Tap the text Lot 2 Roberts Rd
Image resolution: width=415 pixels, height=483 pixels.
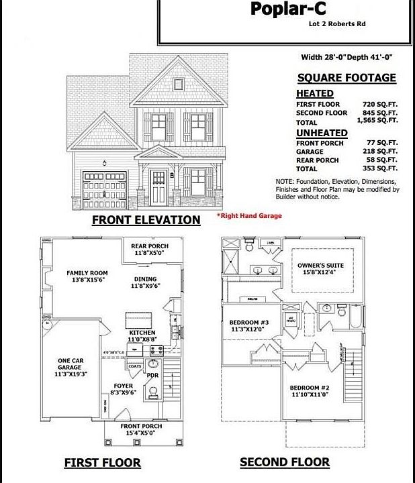(x=337, y=24)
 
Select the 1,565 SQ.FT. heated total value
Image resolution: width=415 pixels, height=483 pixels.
(x=377, y=121)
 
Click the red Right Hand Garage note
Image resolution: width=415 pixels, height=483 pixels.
(x=248, y=216)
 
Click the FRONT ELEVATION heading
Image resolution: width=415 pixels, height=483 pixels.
(x=146, y=220)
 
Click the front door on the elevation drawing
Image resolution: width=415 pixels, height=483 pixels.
(x=158, y=186)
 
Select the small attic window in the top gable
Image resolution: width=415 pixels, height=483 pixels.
(x=179, y=85)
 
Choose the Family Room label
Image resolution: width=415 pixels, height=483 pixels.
(x=87, y=277)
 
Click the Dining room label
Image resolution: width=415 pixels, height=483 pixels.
(x=145, y=282)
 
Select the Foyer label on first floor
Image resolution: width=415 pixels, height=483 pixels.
(x=123, y=390)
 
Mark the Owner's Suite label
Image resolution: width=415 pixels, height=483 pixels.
(x=320, y=269)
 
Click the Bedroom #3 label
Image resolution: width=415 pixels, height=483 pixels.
(x=249, y=325)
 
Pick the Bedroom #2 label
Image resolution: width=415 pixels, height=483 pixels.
(x=310, y=392)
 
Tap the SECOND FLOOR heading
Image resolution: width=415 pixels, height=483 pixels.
(x=285, y=462)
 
